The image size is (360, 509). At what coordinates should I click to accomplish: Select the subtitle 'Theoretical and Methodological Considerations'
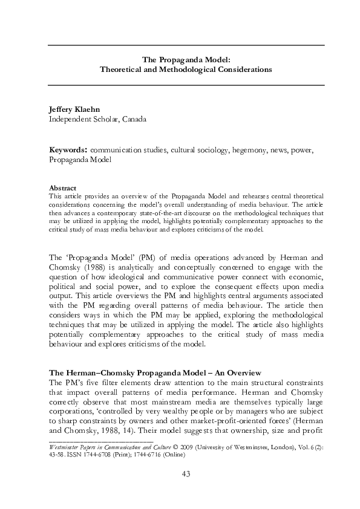coord(186,70)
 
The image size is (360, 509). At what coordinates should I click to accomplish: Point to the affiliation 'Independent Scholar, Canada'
coord(97,119)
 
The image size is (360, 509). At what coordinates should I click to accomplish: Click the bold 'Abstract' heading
coord(62,188)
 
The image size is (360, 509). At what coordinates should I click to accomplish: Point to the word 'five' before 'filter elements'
coord(87,382)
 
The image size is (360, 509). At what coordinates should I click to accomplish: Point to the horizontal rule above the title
coord(186,45)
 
